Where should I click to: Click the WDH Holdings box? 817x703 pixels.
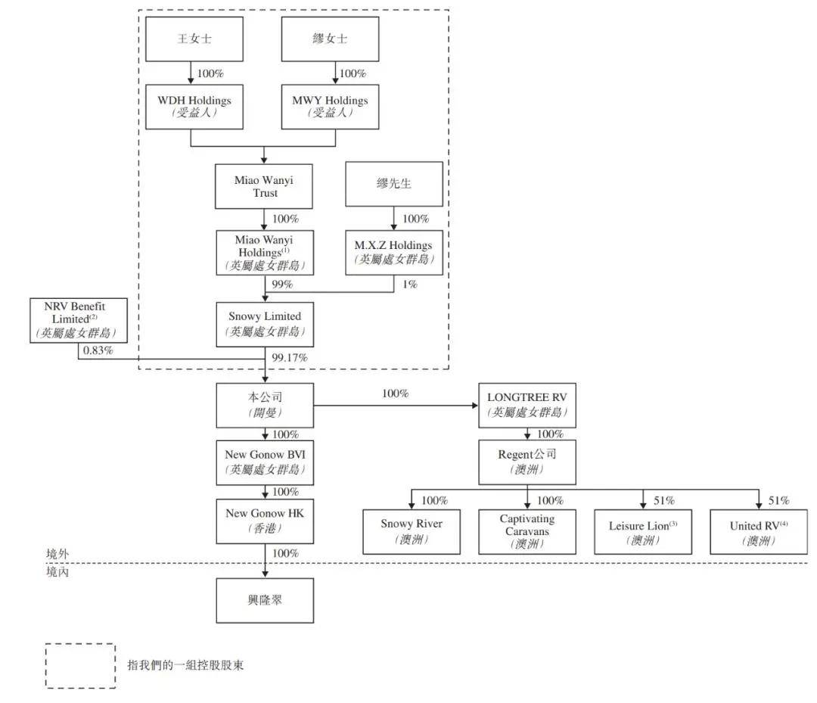coord(194,107)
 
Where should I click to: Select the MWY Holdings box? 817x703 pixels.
coord(330,107)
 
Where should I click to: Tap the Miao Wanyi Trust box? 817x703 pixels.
coord(264,187)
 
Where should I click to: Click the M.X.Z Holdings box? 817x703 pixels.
coord(394,252)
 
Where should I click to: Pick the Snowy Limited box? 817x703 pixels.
coord(265,324)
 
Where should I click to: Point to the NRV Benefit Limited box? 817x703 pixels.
coord(79,320)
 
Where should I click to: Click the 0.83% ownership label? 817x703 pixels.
coord(98,350)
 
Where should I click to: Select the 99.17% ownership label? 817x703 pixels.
coord(290,357)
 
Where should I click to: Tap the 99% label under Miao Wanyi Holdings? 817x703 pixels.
coord(282,284)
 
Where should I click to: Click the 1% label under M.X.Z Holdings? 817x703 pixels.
coord(410,284)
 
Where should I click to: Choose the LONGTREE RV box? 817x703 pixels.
coord(527,406)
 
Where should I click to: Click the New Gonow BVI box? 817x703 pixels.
coord(265,463)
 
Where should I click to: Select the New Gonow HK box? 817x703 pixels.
coord(265,521)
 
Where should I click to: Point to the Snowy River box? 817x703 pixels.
coord(412,531)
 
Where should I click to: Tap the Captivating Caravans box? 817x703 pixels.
coord(527,531)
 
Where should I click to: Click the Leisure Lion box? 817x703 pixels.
coord(643,531)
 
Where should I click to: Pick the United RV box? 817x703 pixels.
coord(759,531)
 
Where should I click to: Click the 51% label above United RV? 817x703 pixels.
coord(779,500)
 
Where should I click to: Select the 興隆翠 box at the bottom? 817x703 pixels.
coord(265,600)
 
